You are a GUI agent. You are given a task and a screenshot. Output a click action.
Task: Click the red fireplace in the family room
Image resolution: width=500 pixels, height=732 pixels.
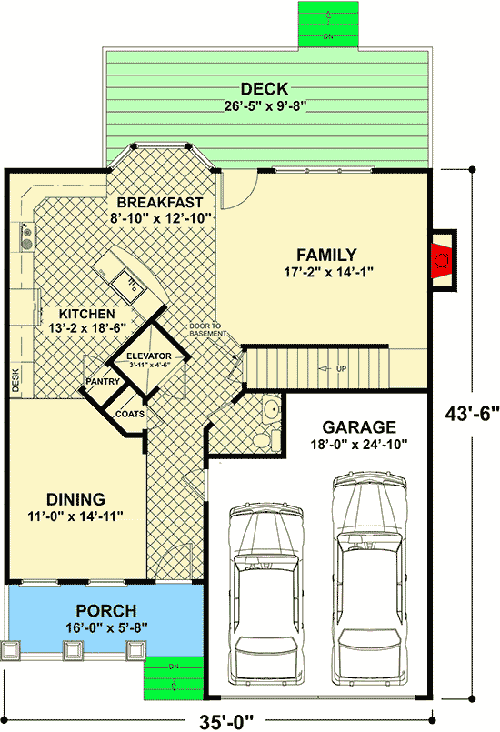pyautogui.click(x=442, y=258)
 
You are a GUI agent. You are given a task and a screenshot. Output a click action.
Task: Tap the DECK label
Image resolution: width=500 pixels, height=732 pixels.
pyautogui.click(x=265, y=88)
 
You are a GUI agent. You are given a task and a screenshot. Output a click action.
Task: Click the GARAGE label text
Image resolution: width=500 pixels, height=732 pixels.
pyautogui.click(x=359, y=427)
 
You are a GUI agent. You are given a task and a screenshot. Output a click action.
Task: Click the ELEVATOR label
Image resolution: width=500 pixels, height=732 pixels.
pyautogui.click(x=150, y=356)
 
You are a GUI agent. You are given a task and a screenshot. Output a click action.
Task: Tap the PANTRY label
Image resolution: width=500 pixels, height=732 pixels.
pyautogui.click(x=102, y=381)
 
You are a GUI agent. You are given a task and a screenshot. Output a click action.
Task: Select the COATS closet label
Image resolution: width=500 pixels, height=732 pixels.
pyautogui.click(x=129, y=414)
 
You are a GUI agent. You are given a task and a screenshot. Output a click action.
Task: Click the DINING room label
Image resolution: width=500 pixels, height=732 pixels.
pyautogui.click(x=76, y=499)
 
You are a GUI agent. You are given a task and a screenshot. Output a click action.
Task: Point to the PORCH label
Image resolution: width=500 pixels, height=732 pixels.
pyautogui.click(x=106, y=610)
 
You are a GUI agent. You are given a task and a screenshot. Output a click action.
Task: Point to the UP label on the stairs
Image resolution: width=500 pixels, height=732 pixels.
pyautogui.click(x=342, y=368)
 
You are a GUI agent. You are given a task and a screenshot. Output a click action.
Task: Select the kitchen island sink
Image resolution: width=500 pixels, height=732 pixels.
pyautogui.click(x=130, y=282)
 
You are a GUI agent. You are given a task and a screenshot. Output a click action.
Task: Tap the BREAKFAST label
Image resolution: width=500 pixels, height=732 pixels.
pyautogui.click(x=159, y=202)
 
